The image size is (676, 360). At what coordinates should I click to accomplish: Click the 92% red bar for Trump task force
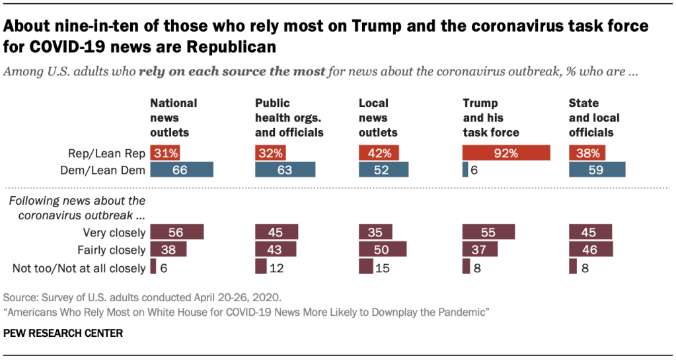[506, 153]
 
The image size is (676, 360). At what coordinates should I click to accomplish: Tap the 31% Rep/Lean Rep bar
[165, 153]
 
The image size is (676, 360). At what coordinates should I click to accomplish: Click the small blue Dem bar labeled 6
[465, 170]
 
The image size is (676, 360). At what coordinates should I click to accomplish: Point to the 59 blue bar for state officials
[597, 170]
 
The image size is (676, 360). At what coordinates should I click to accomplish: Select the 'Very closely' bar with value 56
[176, 232]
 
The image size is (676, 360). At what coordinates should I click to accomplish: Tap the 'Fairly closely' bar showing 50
[383, 250]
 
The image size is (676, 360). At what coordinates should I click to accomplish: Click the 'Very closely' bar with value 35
[375, 232]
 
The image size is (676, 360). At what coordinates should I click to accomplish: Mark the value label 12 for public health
[276, 268]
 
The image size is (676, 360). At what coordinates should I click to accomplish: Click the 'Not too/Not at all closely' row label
[79, 268]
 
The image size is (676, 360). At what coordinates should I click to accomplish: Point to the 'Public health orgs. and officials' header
[289, 118]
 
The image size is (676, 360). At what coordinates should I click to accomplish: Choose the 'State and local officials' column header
[594, 118]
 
